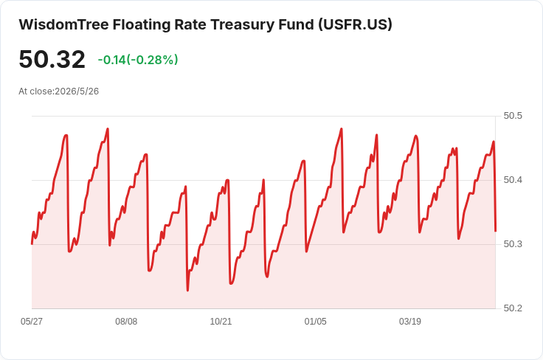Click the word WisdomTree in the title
pos(63,24)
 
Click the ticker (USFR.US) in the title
pos(356,25)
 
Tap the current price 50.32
pos(52,60)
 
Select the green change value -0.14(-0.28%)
pos(138,60)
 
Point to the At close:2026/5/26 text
pos(58,91)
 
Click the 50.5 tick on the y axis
pos(513,116)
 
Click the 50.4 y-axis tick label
pos(513,180)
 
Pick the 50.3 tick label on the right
pos(513,244)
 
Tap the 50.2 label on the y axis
pos(513,308)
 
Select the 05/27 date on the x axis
pos(32,322)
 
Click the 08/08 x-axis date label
pos(126,322)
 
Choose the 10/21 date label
pos(221,322)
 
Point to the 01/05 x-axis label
pos(315,322)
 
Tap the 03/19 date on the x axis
pos(410,322)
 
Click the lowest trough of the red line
pos(187,291)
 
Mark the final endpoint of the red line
pos(496,231)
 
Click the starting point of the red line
pos(32,243)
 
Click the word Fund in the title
pos(296,24)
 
